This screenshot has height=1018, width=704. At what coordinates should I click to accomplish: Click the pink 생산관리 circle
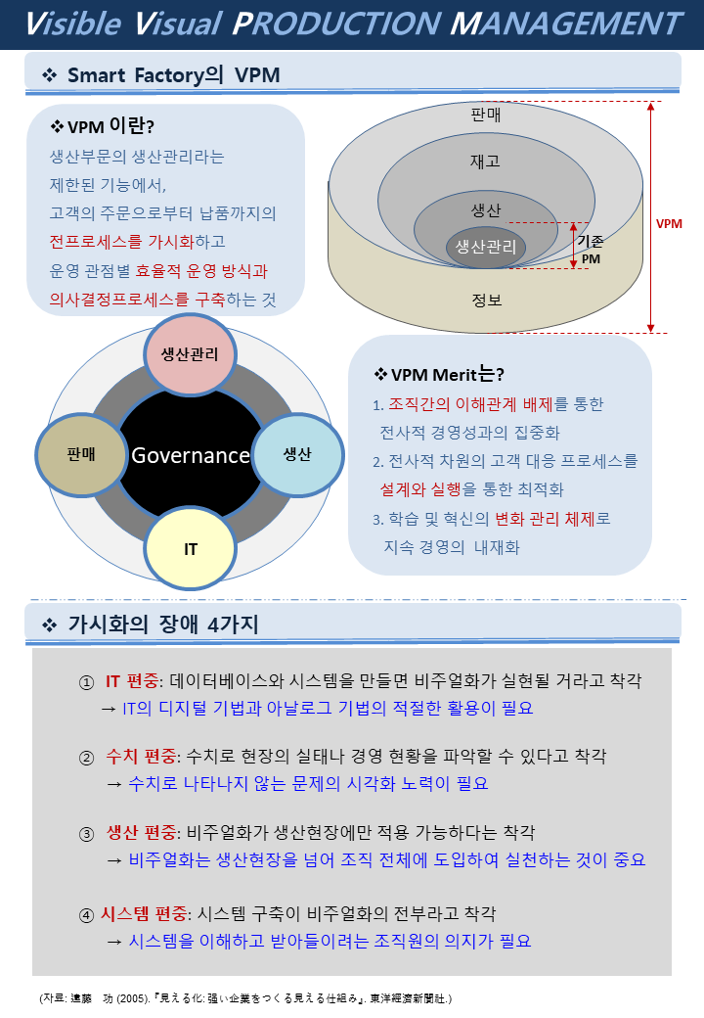coord(190,354)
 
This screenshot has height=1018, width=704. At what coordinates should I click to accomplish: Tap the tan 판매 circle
coord(81,454)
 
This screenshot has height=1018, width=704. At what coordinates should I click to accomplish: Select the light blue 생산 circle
coord(297,454)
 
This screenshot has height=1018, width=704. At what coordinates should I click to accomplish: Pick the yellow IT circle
coord(190,549)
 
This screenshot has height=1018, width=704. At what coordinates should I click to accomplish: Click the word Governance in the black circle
coord(191,455)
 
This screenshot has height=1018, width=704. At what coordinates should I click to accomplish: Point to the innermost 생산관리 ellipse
coord(486,247)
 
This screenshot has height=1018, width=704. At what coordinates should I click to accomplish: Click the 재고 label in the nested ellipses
coord(486,161)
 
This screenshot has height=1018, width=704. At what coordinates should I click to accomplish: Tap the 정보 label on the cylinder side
coord(487,300)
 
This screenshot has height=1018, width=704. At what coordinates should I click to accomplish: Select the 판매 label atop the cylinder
coord(486,115)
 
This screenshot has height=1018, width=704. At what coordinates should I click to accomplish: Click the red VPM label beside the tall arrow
coord(669,224)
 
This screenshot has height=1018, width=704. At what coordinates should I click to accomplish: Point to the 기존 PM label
coord(591,250)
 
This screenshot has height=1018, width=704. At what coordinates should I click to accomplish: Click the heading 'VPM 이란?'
coord(103,125)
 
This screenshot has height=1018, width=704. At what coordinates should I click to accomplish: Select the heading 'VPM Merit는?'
coord(439,374)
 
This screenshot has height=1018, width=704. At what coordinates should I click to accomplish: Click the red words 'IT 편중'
coord(132,681)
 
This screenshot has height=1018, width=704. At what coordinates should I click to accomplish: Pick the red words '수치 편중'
coord(141,757)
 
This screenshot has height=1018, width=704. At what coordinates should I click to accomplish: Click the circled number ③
coord(86,834)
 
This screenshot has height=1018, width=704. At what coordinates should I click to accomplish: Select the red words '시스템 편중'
coord(144,914)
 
